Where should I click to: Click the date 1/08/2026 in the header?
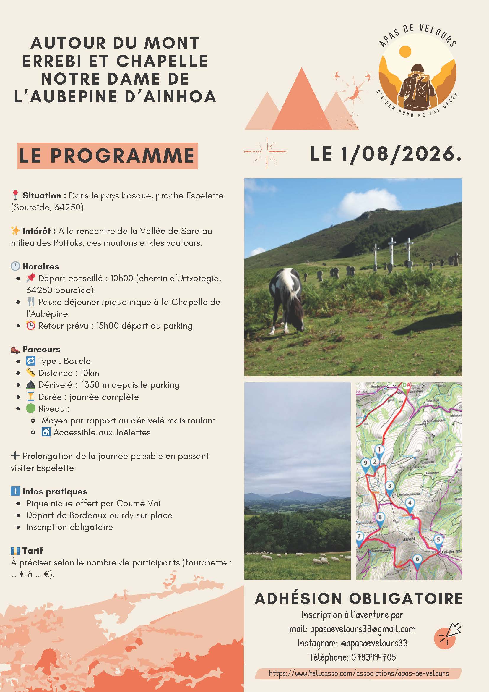click(397, 155)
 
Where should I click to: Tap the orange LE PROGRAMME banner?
click(107, 156)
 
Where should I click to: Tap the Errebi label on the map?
click(409, 539)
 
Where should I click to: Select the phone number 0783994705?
click(373, 657)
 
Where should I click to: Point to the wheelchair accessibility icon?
click(46, 432)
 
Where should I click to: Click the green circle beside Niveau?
click(31, 409)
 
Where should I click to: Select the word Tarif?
click(33, 550)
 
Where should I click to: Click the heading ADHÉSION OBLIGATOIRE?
click(358, 599)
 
